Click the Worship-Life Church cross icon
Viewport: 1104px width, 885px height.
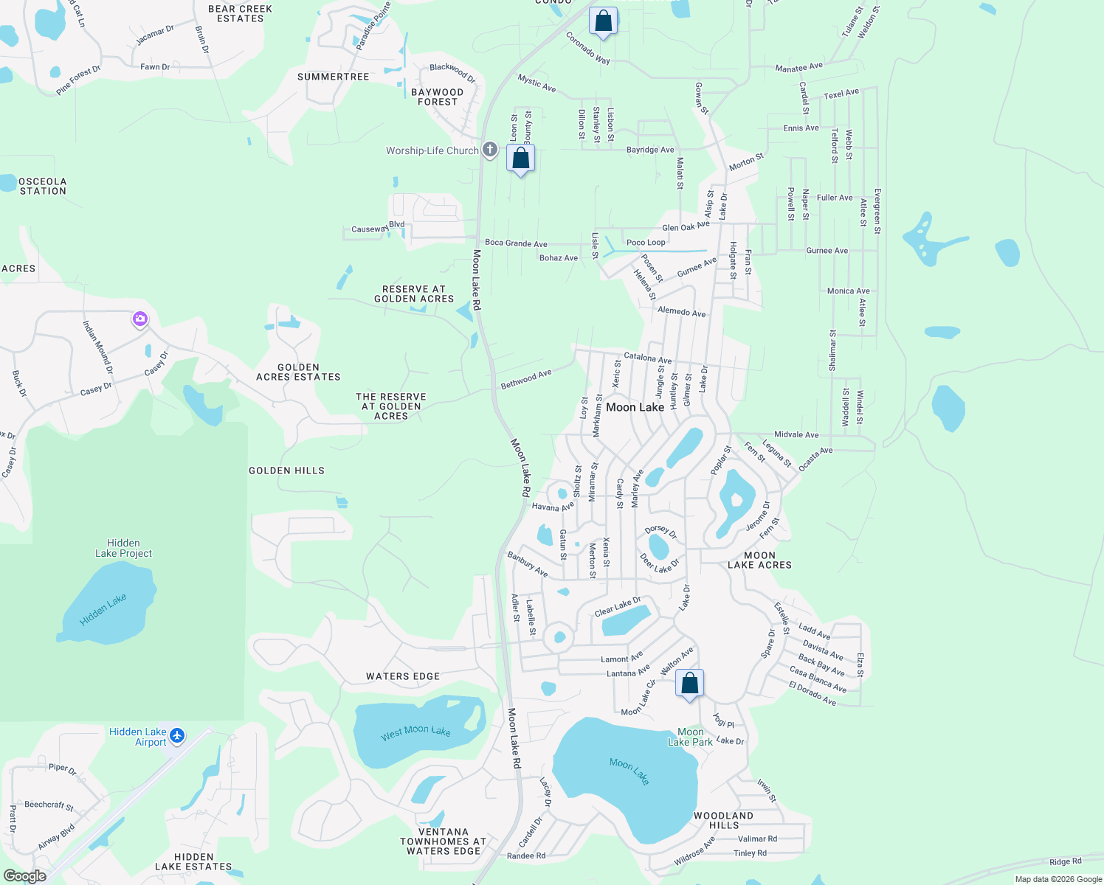pyautogui.click(x=489, y=150)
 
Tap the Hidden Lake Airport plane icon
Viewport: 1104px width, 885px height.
pyautogui.click(x=176, y=735)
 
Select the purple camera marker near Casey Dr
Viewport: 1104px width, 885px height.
pyautogui.click(x=140, y=319)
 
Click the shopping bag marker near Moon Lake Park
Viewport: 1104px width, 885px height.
pyautogui.click(x=689, y=684)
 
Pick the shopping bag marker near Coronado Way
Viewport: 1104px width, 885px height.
pyautogui.click(x=603, y=21)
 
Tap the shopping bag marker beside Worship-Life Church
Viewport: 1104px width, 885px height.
pyautogui.click(x=520, y=159)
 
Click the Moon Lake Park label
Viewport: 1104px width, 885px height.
pyautogui.click(x=690, y=737)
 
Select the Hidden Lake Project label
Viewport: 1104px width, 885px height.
pyautogui.click(x=123, y=548)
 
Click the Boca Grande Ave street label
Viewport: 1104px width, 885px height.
pyautogui.click(x=516, y=243)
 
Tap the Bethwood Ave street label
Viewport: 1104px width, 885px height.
pyautogui.click(x=526, y=379)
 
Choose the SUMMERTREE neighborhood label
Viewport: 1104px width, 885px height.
pyautogui.click(x=333, y=77)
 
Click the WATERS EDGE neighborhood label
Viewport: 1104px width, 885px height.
pyautogui.click(x=403, y=676)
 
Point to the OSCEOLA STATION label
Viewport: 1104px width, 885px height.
pyautogui.click(x=43, y=186)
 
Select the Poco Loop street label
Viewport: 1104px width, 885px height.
pyautogui.click(x=646, y=243)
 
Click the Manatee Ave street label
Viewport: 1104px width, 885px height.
pyautogui.click(x=798, y=68)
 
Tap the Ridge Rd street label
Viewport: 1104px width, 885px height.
pyautogui.click(x=1065, y=861)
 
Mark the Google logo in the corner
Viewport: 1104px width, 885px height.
pyautogui.click(x=25, y=875)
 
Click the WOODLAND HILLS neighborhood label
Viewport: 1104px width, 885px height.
pyautogui.click(x=723, y=820)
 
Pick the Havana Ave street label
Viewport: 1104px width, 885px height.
pyautogui.click(x=552, y=507)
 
